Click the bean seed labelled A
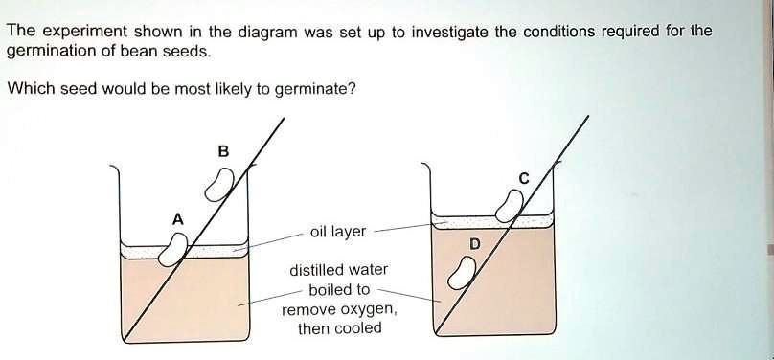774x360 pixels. [173, 249]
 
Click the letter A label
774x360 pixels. [176, 218]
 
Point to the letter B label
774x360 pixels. [224, 150]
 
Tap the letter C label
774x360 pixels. [523, 177]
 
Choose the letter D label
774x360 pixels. [473, 245]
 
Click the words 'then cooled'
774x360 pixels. [339, 328]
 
